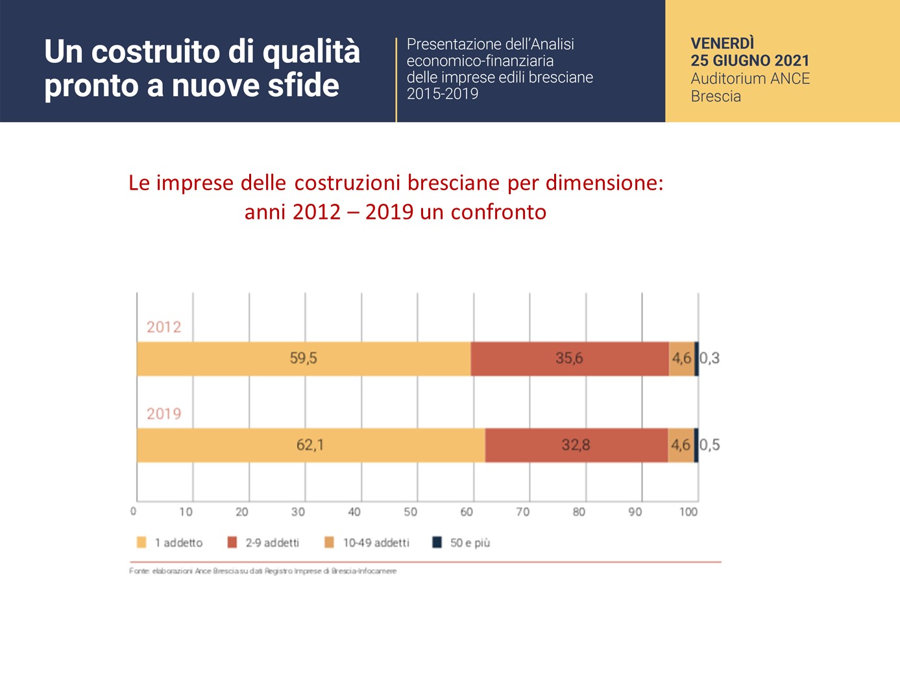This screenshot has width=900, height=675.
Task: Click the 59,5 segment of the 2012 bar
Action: tap(303, 358)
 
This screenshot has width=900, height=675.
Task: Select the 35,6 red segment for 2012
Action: tap(569, 358)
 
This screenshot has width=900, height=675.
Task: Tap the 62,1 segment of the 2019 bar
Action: tap(310, 445)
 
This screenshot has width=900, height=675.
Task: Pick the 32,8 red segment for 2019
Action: tap(576, 445)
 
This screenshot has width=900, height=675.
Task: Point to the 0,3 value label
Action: tap(709, 358)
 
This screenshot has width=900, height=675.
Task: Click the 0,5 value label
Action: tap(709, 445)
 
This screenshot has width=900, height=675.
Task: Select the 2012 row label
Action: tap(164, 327)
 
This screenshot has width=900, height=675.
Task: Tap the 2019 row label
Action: tap(164, 414)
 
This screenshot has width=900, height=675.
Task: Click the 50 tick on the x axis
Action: tap(410, 512)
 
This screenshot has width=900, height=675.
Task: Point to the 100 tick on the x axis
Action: tap(688, 512)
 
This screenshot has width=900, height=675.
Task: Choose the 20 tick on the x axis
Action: tap(242, 512)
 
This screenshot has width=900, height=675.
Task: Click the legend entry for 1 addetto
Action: tap(171, 543)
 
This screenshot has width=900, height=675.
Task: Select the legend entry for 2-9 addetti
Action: tap(264, 543)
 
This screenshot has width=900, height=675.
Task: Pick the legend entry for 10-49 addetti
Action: tap(367, 543)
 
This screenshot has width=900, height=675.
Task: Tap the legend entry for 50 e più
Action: tap(462, 543)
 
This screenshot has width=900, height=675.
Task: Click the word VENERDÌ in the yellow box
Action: tap(722, 43)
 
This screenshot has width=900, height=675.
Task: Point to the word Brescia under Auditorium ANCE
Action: tap(716, 97)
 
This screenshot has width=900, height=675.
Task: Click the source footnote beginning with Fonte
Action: tap(263, 571)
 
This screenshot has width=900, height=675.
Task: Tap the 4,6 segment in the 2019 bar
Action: tap(681, 445)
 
